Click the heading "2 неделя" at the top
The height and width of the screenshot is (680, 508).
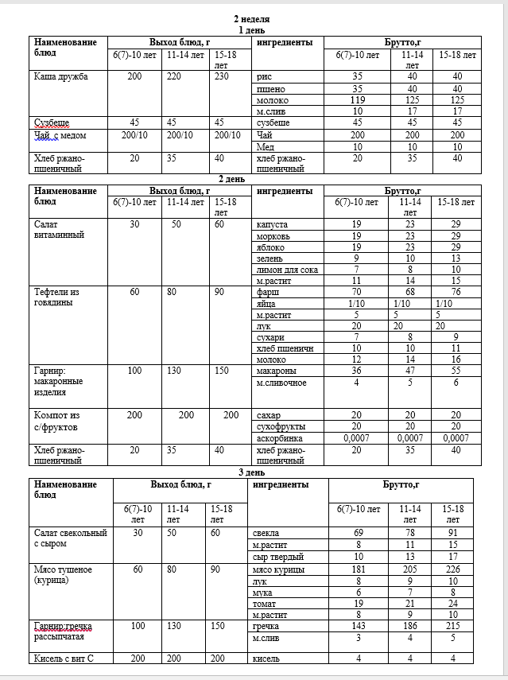tap(253, 17)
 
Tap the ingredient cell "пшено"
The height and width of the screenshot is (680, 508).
tap(271, 89)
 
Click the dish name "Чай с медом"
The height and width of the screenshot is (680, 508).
tap(60, 134)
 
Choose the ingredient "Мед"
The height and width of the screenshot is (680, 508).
tap(266, 146)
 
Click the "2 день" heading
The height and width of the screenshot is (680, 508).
tap(253, 179)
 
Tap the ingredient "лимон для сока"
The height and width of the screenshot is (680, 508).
tap(287, 270)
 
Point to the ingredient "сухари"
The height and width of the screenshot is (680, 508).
tap(270, 337)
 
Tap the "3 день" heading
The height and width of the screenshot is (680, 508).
tap(253, 472)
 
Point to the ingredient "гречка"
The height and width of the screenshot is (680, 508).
tap(269, 627)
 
